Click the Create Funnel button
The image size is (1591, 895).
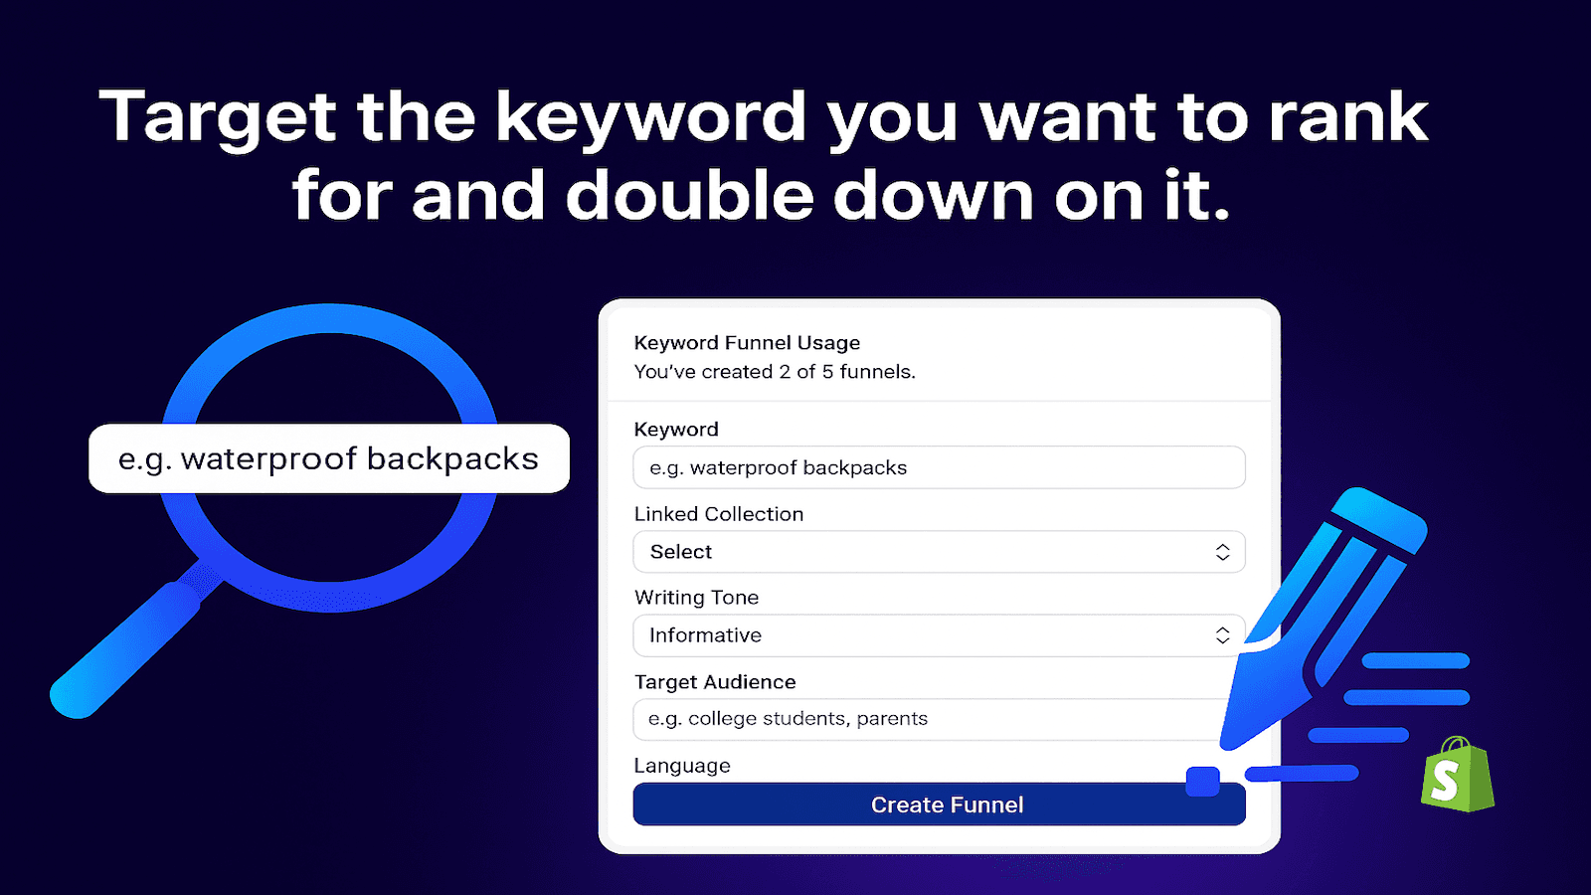coord(939,805)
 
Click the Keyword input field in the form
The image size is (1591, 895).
coord(939,467)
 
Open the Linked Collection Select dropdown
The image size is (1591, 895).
coord(939,552)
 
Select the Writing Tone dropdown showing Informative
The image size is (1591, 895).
coord(939,635)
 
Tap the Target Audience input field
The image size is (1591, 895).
coord(931,719)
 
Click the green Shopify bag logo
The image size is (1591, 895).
coord(1458,775)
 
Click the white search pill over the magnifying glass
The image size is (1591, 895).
coord(329,458)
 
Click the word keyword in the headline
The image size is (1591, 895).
coord(650,118)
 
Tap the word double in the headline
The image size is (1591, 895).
coord(688,195)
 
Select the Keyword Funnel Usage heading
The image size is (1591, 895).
coord(747,343)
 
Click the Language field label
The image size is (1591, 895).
coord(682,766)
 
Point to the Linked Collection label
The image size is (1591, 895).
coord(718,514)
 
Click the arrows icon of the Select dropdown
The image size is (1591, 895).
coord(1222,552)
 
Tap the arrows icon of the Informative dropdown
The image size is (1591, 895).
coord(1222,635)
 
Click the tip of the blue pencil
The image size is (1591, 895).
coord(1223,747)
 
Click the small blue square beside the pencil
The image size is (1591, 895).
coord(1202,782)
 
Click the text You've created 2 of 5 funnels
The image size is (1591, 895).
coord(775,372)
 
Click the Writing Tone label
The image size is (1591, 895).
coord(696,598)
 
